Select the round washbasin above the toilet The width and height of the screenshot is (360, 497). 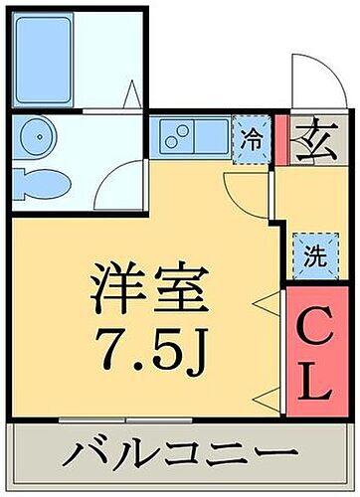(x=36, y=137)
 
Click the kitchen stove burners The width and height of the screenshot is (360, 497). (x=178, y=136)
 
